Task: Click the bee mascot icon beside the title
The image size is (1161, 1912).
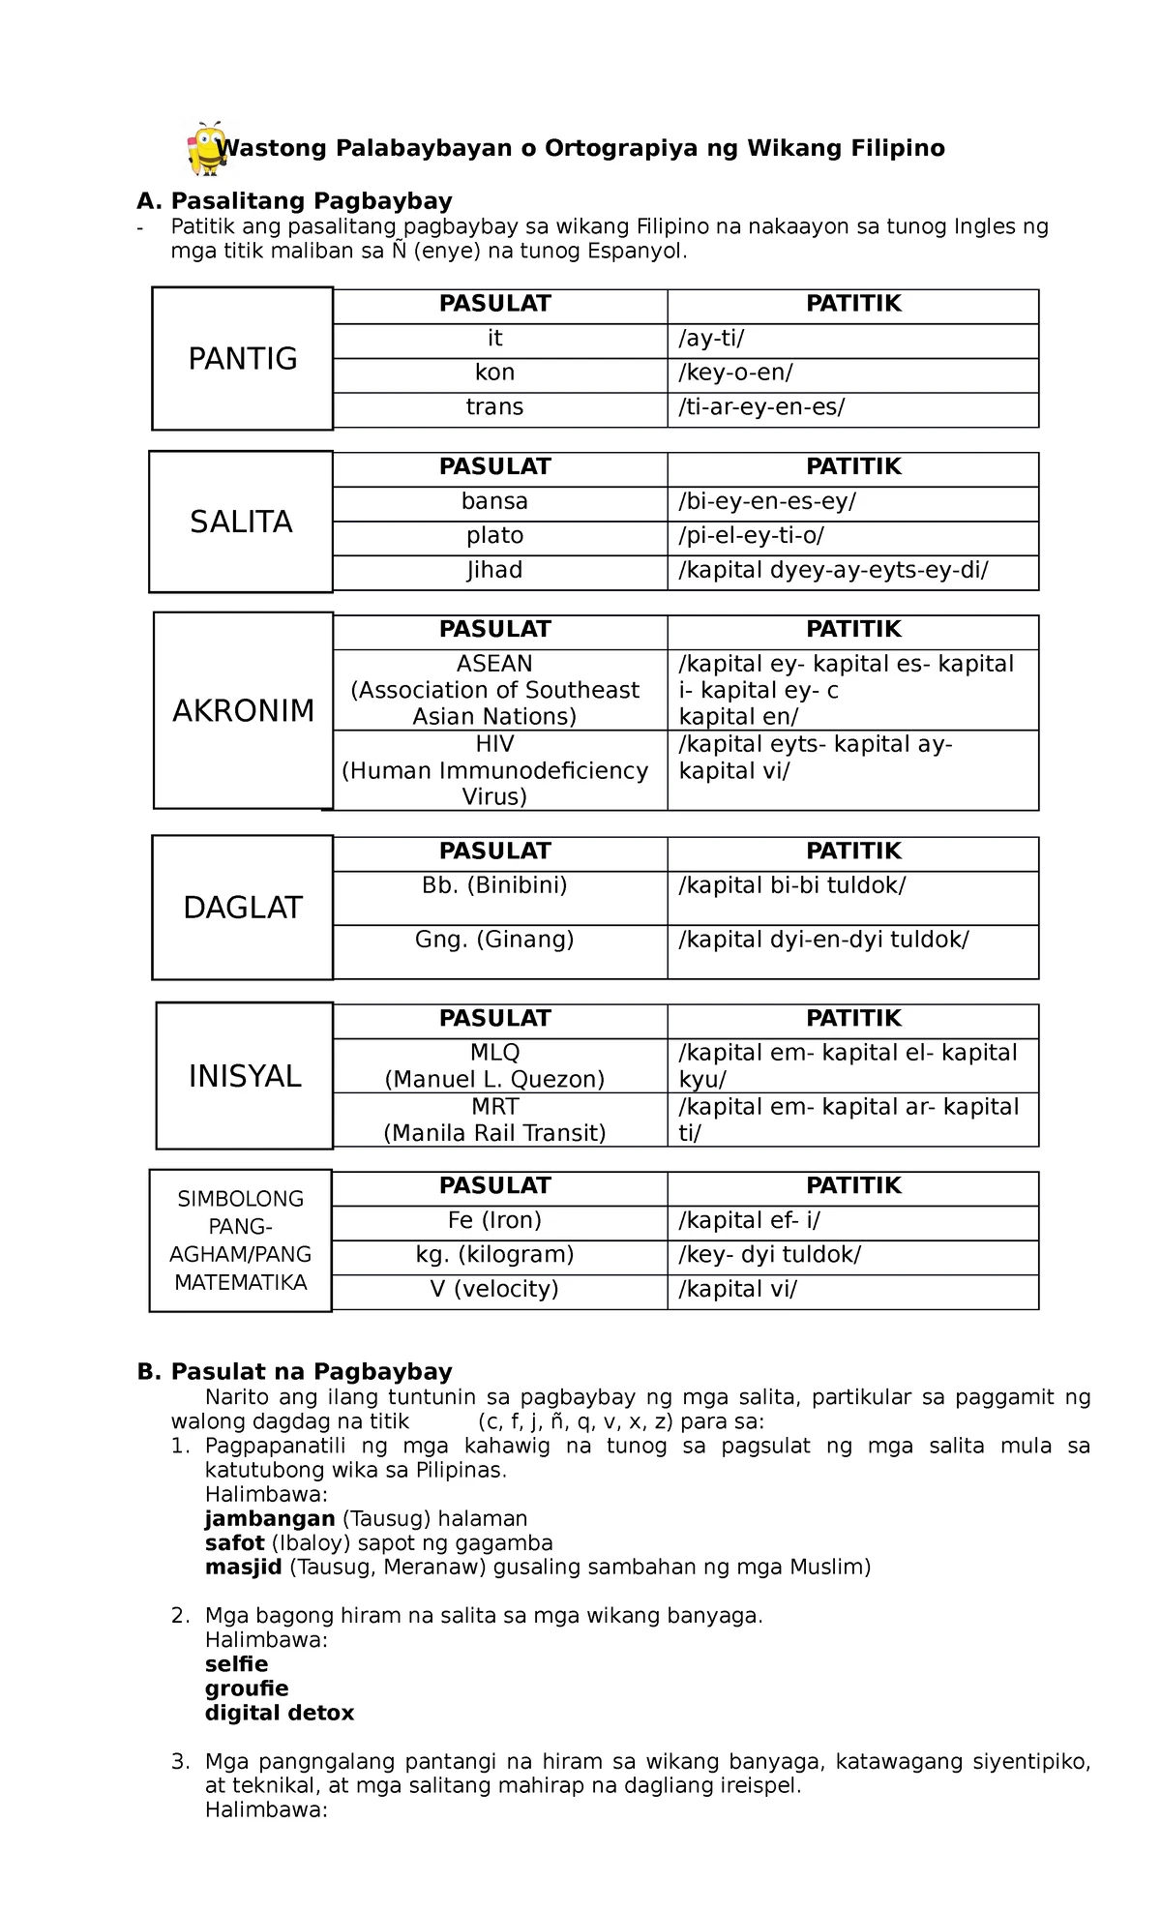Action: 207,149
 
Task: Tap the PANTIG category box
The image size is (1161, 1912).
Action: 243,359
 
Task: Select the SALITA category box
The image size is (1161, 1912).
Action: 241,523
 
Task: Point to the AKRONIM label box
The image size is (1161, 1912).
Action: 244,711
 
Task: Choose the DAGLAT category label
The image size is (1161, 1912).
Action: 243,908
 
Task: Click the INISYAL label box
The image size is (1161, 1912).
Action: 245,1076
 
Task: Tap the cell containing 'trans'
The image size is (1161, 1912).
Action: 494,407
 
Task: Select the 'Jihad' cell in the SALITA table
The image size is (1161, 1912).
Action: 494,570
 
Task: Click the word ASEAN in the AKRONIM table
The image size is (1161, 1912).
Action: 494,664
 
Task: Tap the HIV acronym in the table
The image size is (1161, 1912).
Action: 494,744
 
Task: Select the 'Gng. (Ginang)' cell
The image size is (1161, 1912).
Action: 494,940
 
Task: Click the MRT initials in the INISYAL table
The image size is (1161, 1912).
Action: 494,1107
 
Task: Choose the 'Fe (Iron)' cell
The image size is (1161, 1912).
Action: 494,1220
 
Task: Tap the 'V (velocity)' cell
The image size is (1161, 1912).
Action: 494,1289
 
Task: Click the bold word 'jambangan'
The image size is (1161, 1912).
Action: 270,1519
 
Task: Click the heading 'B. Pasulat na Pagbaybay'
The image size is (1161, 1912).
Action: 295,1372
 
